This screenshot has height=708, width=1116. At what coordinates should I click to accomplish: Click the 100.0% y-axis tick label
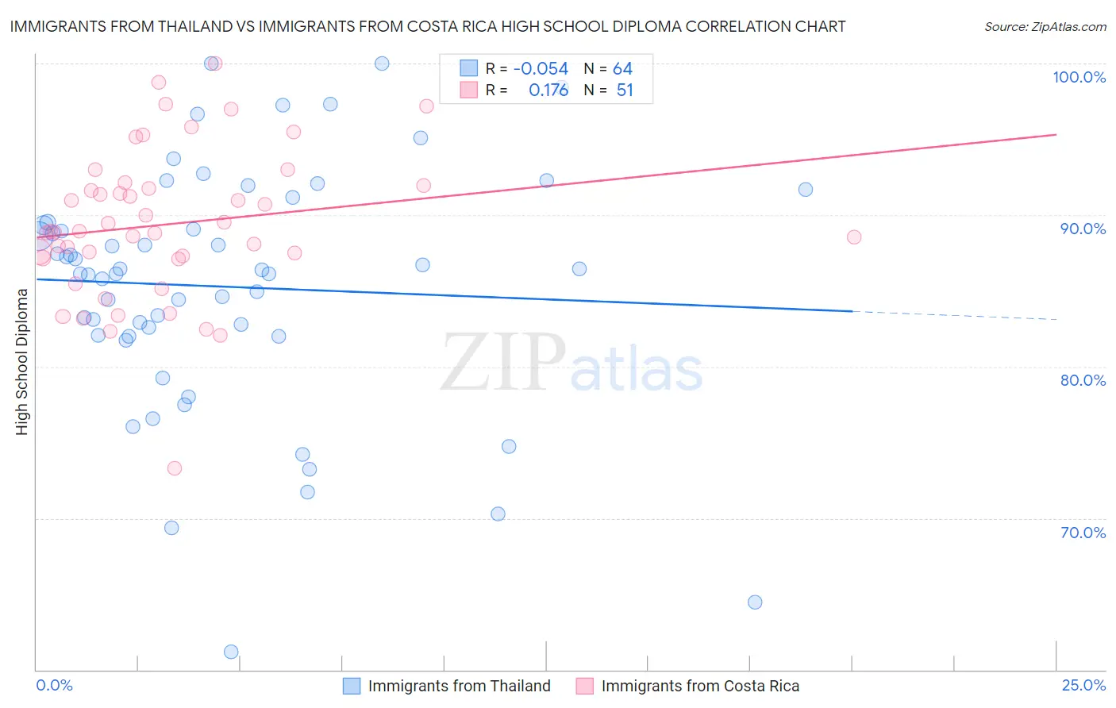1079,77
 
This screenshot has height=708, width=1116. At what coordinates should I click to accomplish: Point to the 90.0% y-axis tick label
1083,229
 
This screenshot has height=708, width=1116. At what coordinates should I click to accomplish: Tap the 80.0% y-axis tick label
1083,380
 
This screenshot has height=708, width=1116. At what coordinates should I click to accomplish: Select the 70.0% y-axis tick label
1083,533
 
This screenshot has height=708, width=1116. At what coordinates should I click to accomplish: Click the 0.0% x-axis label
54,686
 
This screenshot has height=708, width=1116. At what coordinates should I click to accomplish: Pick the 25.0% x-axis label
1083,686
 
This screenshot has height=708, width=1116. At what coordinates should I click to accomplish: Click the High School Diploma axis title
22,361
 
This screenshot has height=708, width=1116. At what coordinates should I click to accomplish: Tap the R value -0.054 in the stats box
541,69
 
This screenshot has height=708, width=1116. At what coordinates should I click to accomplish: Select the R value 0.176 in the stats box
548,90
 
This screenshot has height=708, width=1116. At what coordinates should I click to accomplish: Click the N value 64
622,69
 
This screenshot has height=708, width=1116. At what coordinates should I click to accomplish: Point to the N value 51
625,90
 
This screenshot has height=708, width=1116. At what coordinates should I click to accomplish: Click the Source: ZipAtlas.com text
1045,27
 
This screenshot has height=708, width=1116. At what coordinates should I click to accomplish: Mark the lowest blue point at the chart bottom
231,652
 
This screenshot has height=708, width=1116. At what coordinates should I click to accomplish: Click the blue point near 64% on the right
755,602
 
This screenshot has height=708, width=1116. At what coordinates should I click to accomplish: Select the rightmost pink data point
854,237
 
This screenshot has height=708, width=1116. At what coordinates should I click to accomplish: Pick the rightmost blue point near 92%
806,189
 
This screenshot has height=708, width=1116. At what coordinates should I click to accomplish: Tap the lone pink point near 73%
175,468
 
